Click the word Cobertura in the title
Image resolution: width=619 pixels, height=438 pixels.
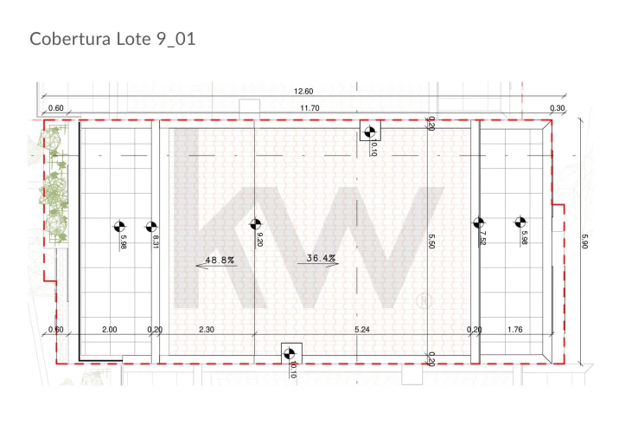70,39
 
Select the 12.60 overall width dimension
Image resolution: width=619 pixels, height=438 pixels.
303,91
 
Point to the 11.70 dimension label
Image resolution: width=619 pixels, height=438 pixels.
309,108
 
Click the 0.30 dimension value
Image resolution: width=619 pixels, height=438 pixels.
557,108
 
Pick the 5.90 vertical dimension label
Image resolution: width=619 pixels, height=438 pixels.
584,242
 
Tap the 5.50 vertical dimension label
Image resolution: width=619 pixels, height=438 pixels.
431,242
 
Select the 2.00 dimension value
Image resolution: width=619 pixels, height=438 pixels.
109,329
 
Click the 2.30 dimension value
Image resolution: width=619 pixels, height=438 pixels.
207,329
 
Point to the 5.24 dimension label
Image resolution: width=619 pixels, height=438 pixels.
362,329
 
